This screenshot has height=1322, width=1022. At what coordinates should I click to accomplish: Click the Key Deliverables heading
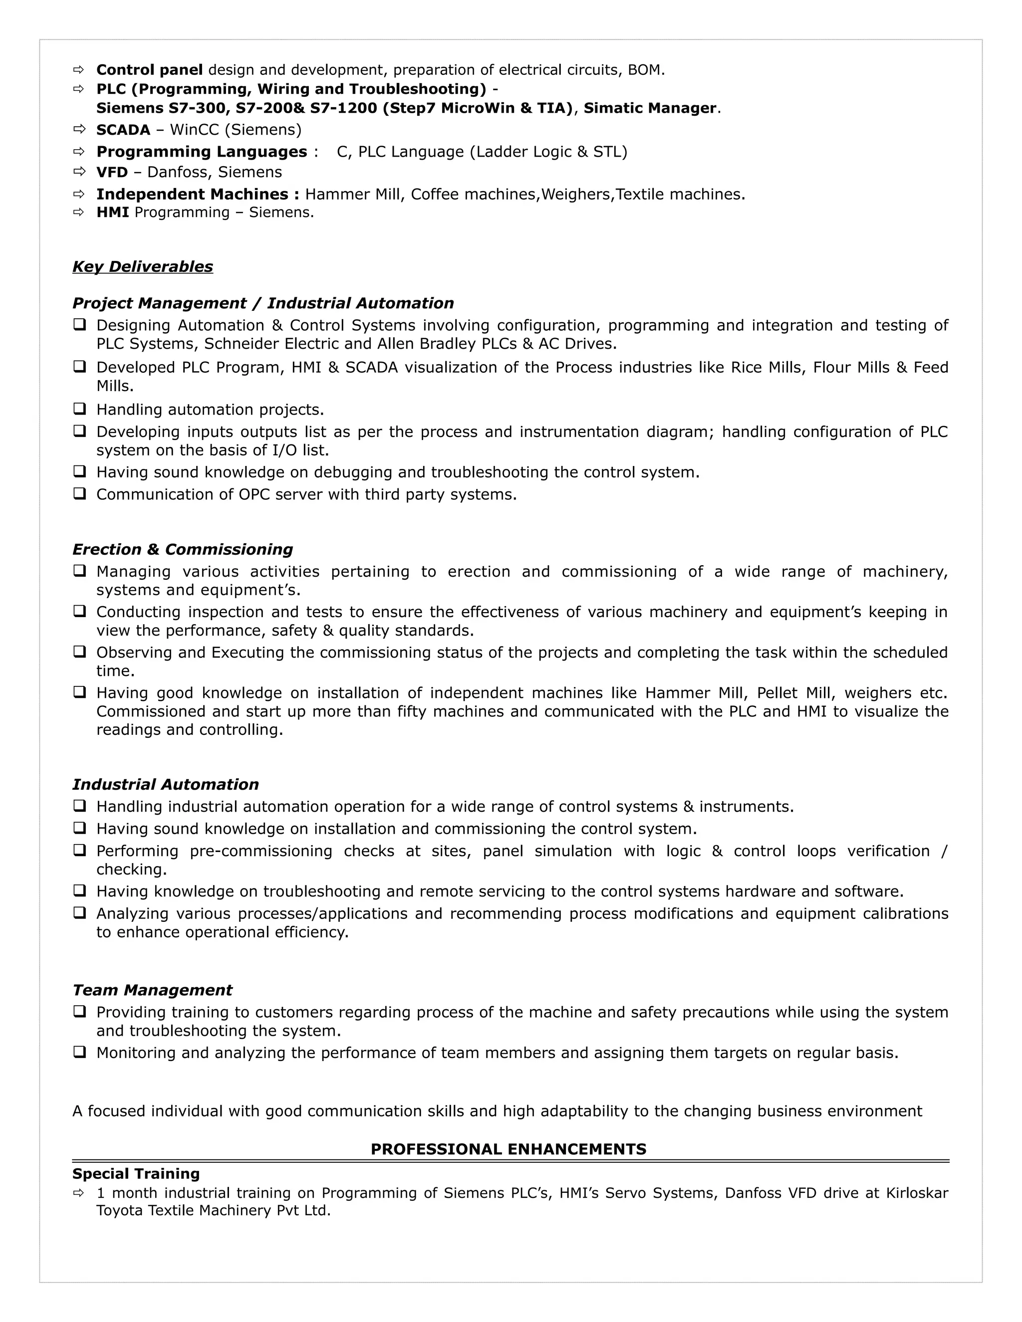(x=142, y=267)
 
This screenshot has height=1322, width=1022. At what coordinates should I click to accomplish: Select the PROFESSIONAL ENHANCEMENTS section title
(x=508, y=1149)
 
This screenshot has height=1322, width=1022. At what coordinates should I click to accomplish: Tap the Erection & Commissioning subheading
(x=182, y=549)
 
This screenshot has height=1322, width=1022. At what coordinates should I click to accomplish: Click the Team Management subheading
(x=152, y=990)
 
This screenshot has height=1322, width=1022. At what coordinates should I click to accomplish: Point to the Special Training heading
(x=136, y=1174)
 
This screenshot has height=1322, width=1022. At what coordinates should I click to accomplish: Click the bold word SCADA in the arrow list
(x=123, y=130)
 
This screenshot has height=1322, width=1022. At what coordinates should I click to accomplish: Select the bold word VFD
(x=112, y=172)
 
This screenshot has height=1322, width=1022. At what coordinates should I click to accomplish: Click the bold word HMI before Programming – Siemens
(x=113, y=213)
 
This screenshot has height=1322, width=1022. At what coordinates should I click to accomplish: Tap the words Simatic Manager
(x=650, y=108)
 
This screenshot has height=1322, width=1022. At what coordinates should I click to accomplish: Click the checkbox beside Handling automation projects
(x=79, y=409)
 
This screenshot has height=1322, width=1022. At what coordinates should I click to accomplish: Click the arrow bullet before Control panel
(x=79, y=70)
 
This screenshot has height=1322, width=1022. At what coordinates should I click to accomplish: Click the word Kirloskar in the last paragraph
(x=917, y=1193)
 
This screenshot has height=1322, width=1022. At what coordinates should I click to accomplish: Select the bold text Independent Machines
(x=198, y=194)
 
